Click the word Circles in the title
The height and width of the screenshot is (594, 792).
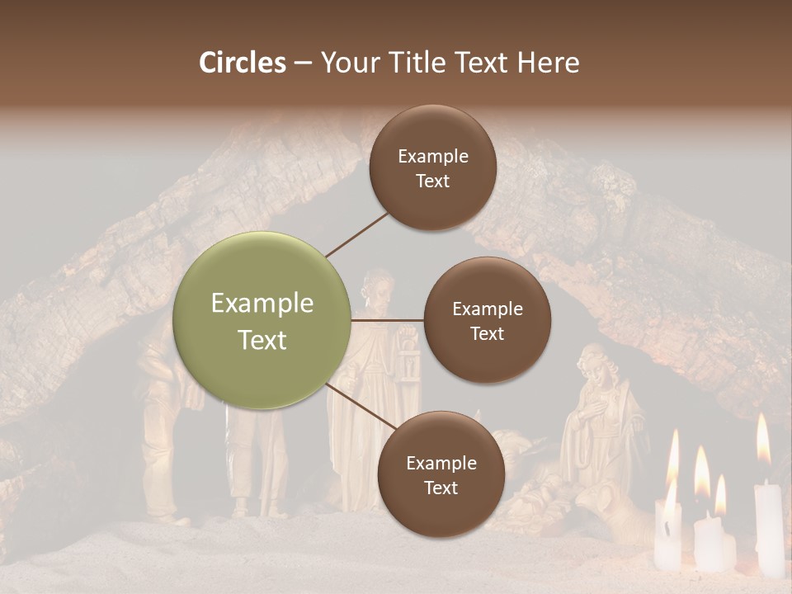point(242,63)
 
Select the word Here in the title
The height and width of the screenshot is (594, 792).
point(548,63)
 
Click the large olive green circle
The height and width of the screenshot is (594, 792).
point(262,320)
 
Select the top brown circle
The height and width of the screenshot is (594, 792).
point(432,167)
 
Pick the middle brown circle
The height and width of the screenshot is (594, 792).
point(487,320)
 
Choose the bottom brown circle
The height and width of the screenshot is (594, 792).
point(441,474)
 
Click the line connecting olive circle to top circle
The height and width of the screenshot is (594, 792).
point(356,233)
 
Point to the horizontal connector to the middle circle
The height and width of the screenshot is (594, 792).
point(388,320)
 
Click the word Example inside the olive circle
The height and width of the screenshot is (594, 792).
point(262,304)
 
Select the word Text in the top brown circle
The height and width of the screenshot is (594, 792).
point(432,181)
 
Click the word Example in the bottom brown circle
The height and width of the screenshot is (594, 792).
point(441,463)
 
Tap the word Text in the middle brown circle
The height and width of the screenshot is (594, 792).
point(487,333)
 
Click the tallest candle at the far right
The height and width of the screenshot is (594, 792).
point(769,528)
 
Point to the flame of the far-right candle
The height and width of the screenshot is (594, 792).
point(763,439)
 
